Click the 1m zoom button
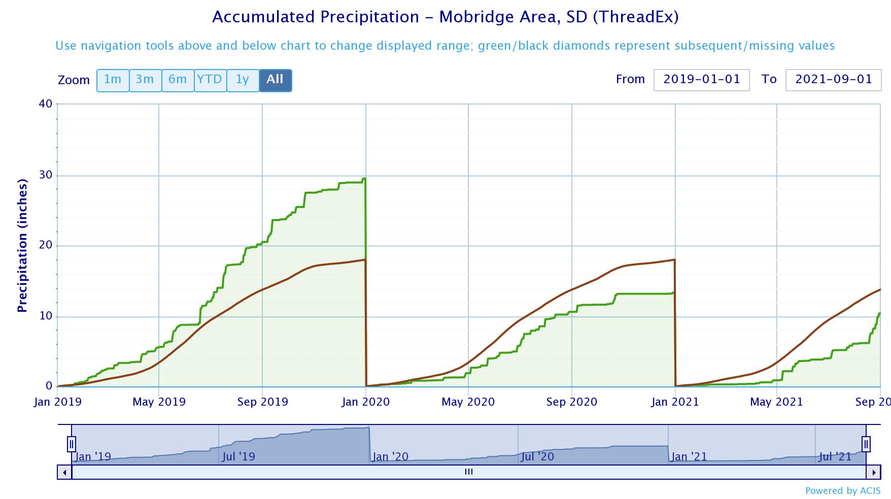pos(113,80)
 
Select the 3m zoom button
pos(145,80)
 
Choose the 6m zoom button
pos(178,80)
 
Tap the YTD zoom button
pos(210,80)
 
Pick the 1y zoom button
pos(243,80)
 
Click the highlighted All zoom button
pos(275,80)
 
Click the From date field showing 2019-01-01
pos(701,80)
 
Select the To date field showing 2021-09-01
pos(833,80)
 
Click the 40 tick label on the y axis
pos(46,104)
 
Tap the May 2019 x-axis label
pos(159,402)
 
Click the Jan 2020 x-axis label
pos(365,402)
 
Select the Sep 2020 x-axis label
pos(571,402)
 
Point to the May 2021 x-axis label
pos(776,402)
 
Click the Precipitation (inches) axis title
pos(22,245)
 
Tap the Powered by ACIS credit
pos(842,490)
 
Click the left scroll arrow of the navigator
pos(64,472)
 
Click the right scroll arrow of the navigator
pos(873,472)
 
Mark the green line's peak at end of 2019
pos(364,179)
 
